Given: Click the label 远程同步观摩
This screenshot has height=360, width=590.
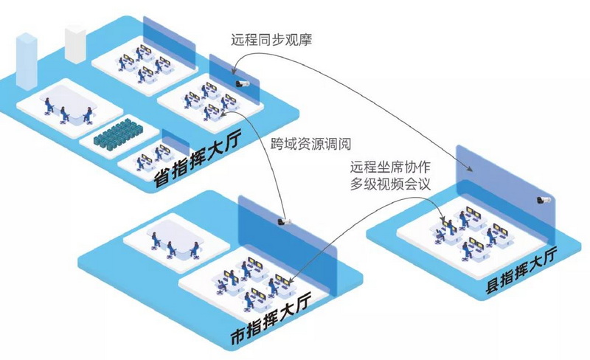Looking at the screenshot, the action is pyautogui.click(x=271, y=40).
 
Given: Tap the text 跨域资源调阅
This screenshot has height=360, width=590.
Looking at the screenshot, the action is pyautogui.click(x=310, y=143).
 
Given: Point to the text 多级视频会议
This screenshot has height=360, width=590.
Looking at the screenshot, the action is pyautogui.click(x=390, y=184).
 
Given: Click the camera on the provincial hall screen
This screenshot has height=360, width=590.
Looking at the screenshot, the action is pyautogui.click(x=243, y=83).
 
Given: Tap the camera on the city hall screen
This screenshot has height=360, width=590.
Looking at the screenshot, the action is pyautogui.click(x=285, y=221).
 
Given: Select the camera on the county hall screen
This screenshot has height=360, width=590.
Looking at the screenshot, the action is pyautogui.click(x=544, y=200).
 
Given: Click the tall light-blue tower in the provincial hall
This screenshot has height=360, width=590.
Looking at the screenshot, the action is pyautogui.click(x=27, y=61).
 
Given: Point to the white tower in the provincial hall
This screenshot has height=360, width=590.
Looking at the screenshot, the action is pyautogui.click(x=75, y=44).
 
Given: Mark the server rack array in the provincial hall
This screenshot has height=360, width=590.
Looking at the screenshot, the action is pyautogui.click(x=118, y=134).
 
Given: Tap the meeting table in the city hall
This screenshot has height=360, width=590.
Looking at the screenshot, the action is pyautogui.click(x=176, y=242).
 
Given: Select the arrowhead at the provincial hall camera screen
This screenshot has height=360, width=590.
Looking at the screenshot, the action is pyautogui.click(x=233, y=70).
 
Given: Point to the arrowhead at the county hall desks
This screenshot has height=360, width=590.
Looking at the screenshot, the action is pyautogui.click(x=444, y=219).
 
